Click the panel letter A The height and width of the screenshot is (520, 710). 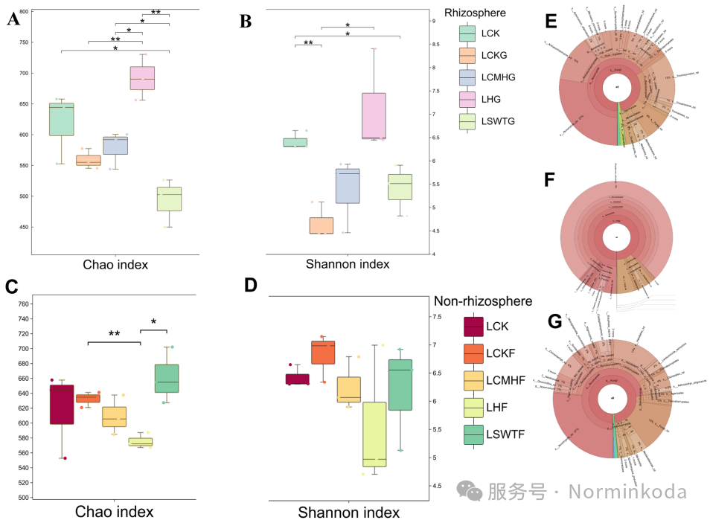point(13,19)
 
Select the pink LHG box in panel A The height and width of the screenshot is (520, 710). point(142,77)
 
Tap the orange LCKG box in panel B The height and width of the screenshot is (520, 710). point(322,225)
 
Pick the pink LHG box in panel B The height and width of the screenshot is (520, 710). point(374,116)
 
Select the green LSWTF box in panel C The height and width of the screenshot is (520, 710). point(167,378)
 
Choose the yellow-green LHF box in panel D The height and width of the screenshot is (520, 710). point(373,434)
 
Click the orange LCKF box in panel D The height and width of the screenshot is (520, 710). point(323,352)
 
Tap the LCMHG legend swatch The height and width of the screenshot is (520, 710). point(467,77)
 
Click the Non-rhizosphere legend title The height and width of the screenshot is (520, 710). point(484,301)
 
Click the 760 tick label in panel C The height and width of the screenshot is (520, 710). point(24,304)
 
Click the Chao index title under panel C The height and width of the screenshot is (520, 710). point(114,512)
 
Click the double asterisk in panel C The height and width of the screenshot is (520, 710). point(114,334)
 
